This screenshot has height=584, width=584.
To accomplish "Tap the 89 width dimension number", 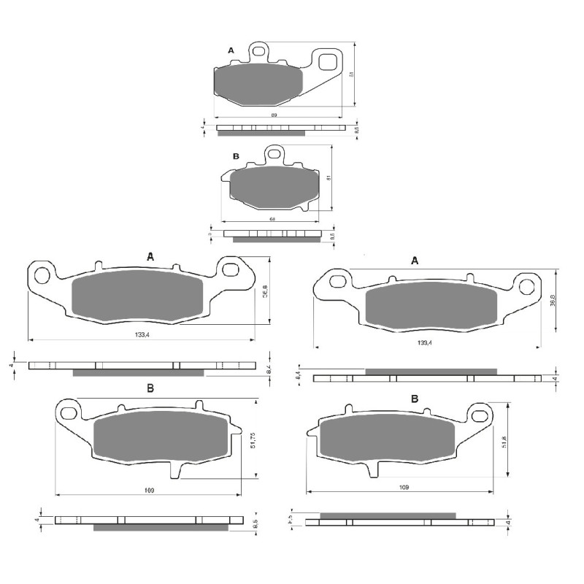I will point(274,115).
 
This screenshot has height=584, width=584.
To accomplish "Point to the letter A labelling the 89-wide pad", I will point(231,50).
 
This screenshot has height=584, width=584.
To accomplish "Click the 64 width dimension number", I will point(271,219).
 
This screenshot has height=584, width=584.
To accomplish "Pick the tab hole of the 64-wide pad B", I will point(274,153).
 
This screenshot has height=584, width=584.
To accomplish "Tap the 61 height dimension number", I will point(330,178).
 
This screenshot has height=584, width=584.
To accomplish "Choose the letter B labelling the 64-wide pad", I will point(236,157).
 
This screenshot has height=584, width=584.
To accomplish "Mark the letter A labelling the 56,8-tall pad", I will point(150,257).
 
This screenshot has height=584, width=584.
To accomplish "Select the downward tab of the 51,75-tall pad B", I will point(175,470).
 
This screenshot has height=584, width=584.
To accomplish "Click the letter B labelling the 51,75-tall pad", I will point(150,389).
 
